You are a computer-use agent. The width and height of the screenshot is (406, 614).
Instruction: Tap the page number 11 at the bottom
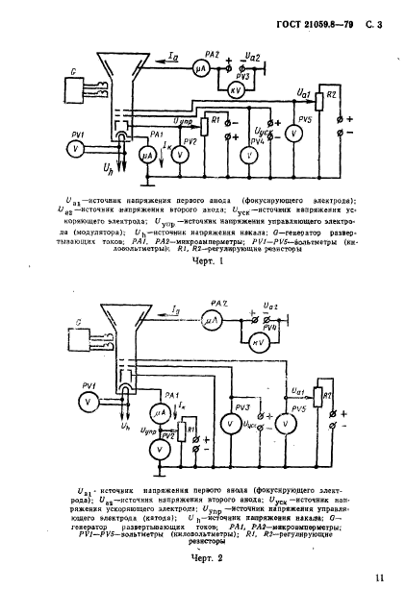[384, 577]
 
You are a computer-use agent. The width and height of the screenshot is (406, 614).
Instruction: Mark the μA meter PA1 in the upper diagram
[148, 153]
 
